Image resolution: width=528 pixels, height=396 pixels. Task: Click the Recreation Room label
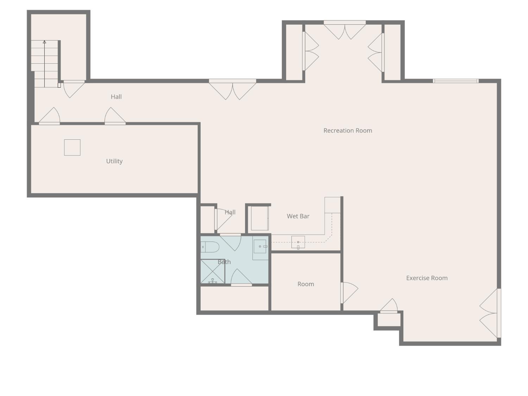point(347,131)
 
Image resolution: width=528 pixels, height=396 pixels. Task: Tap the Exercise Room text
point(427,278)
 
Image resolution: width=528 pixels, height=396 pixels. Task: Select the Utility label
point(114,161)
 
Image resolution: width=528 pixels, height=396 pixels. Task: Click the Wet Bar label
point(298,216)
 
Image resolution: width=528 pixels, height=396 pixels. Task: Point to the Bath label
point(224,262)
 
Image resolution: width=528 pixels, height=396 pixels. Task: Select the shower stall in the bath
point(213,271)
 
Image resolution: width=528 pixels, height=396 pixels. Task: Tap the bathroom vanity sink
point(260,247)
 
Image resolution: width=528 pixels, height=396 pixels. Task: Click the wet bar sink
point(298,242)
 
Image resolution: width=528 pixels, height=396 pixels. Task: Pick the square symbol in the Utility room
point(72,147)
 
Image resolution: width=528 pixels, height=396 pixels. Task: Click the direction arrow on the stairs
point(44,42)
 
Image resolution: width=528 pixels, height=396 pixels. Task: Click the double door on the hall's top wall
point(232,89)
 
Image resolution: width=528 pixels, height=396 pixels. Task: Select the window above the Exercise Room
point(455,81)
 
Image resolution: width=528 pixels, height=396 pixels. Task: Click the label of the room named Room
point(306,284)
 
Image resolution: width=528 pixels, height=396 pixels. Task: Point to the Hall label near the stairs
point(116,97)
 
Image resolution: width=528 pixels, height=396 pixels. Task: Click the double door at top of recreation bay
point(345,30)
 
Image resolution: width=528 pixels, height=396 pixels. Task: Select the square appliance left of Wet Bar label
point(259,218)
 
